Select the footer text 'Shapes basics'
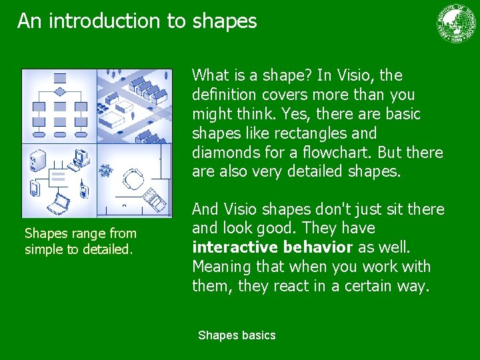(x=237, y=335)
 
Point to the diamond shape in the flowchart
(x=59, y=91)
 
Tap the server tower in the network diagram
(x=37, y=161)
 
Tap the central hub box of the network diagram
(x=58, y=177)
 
